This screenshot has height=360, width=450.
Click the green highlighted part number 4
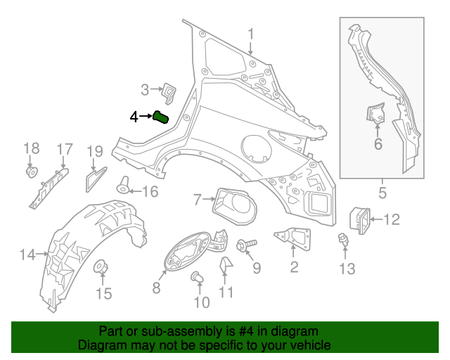pyautogui.click(x=162, y=117)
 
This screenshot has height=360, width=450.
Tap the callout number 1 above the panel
pyautogui.click(x=251, y=33)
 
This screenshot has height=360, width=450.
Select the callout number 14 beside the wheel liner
pyautogui.click(x=27, y=255)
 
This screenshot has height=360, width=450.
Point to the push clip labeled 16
pyautogui.click(x=124, y=186)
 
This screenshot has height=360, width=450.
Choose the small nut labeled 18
pyautogui.click(x=31, y=172)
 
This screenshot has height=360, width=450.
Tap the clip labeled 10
pyautogui.click(x=198, y=281)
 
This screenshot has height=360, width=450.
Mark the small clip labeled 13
pyautogui.click(x=344, y=240)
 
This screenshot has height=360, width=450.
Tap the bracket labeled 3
pyautogui.click(x=168, y=91)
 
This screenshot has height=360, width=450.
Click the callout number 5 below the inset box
pyautogui.click(x=382, y=191)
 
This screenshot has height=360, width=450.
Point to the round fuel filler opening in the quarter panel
pyautogui.click(x=255, y=148)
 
